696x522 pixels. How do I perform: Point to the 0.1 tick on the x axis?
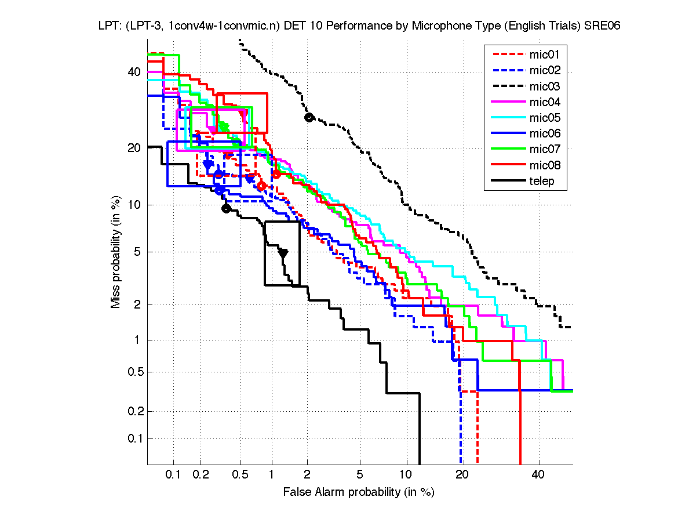[174, 475]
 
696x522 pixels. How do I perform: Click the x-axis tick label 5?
[360, 475]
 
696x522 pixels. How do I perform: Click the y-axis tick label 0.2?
[133, 411]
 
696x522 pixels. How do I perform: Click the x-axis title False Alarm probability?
[359, 492]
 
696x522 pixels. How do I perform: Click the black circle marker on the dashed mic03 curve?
[309, 117]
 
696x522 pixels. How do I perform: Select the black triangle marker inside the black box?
[283, 253]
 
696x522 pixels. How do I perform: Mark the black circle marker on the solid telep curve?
[226, 208]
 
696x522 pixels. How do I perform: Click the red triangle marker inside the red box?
[243, 114]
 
